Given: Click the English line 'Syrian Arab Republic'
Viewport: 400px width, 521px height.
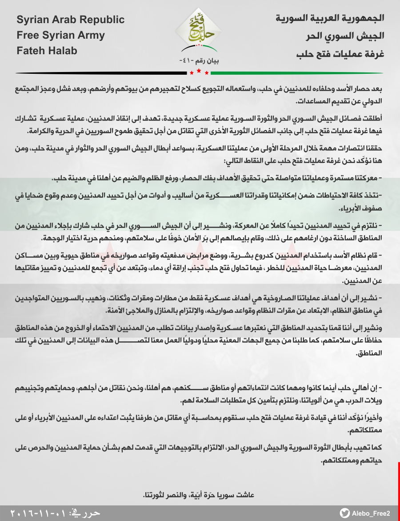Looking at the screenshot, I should (71, 20).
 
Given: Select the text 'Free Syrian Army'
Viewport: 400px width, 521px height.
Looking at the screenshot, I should (61, 36).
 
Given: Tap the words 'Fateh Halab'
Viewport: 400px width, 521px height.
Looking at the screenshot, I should (47, 51).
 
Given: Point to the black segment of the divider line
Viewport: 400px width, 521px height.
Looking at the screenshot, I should (98, 72).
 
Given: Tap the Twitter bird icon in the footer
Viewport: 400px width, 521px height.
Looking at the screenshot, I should (345, 513).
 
